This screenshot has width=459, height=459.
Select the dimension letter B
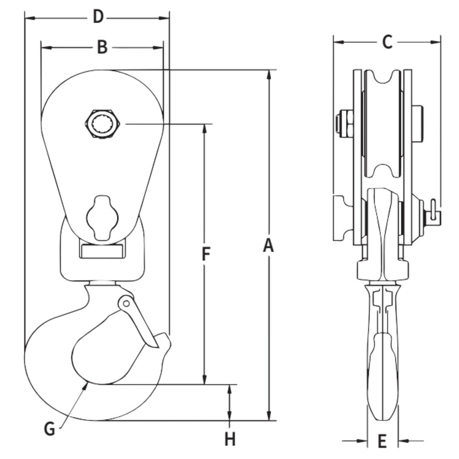click(102, 48)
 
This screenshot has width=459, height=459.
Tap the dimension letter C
click(387, 42)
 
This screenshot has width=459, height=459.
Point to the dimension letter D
click(98, 17)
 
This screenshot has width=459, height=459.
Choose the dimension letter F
click(205, 254)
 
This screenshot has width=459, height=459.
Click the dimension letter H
click(230, 439)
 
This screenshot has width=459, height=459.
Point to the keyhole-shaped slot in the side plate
click(102, 217)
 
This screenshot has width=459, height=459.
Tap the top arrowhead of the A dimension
click(268, 74)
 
